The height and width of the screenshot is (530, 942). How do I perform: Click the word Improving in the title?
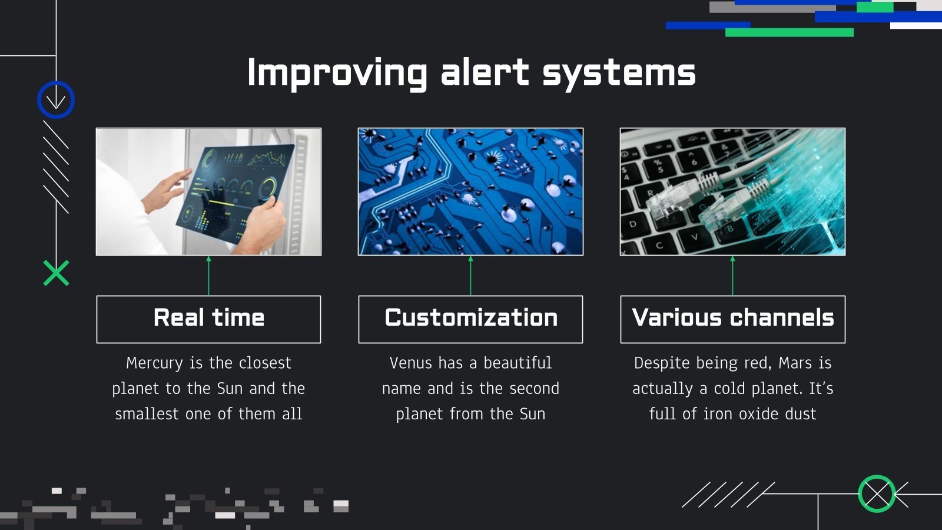click(x=336, y=73)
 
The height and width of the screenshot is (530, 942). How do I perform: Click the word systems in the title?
click(x=619, y=73)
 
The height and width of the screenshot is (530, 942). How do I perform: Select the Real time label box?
click(x=208, y=319)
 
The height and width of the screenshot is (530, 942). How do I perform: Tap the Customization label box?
click(x=470, y=319)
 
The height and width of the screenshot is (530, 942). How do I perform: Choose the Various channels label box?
click(x=732, y=319)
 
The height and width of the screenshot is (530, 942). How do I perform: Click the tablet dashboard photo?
click(x=208, y=191)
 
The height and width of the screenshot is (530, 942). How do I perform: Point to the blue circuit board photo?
click(x=470, y=191)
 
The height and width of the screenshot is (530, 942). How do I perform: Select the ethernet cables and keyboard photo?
click(x=732, y=191)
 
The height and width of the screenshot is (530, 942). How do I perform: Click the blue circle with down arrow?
click(x=56, y=100)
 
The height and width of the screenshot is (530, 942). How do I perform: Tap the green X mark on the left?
click(x=56, y=273)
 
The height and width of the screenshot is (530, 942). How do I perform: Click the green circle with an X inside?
click(x=877, y=493)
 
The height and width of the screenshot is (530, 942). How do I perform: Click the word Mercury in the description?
click(x=154, y=363)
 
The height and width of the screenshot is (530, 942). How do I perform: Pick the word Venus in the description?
click(x=407, y=363)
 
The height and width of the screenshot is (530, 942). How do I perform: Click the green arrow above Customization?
click(x=470, y=276)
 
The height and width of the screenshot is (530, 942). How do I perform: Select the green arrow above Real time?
click(x=208, y=276)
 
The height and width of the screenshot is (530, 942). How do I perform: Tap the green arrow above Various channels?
click(x=732, y=276)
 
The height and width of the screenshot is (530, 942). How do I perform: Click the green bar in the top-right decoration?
click(x=789, y=32)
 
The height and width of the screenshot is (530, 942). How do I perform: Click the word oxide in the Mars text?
click(x=758, y=414)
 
